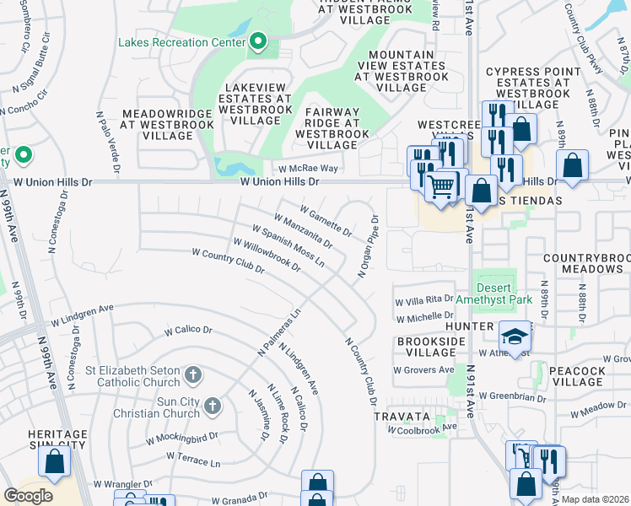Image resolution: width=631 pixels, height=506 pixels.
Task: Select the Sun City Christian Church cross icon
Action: pyautogui.click(x=210, y=406)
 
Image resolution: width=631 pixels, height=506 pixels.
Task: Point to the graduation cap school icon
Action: pyautogui.click(x=515, y=336)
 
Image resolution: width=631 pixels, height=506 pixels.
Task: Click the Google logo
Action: pyautogui.click(x=29, y=495)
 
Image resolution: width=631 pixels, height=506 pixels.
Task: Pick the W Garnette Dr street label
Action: pyautogui.click(x=326, y=218)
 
